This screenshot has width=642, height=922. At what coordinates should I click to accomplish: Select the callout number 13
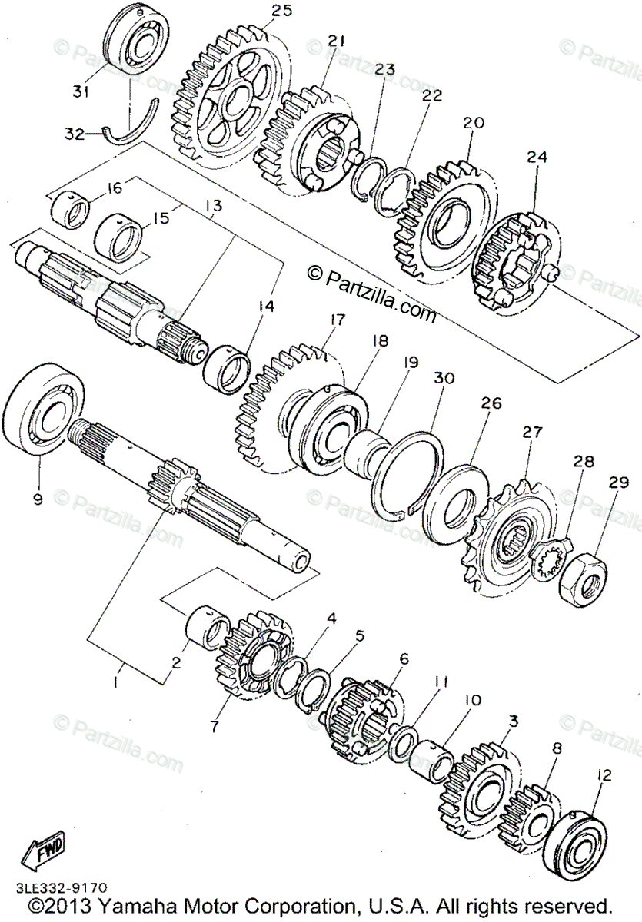tap(212, 206)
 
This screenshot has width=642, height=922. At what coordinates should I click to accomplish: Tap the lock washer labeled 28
tap(552, 555)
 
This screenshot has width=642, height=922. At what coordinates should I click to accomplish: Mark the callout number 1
tap(116, 682)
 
